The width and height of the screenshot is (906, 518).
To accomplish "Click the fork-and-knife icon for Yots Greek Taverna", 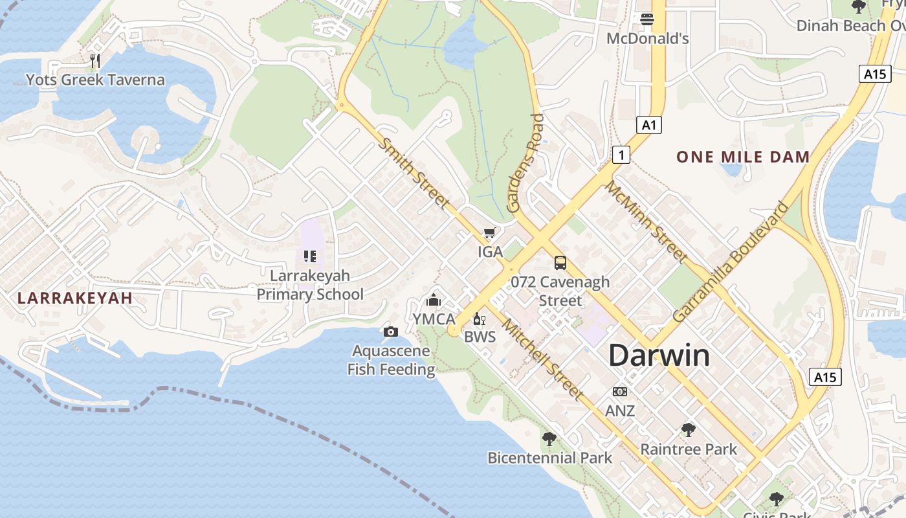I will (95, 61).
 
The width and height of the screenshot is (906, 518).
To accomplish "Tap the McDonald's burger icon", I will (646, 19).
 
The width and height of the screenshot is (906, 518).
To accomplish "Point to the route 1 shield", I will (621, 155).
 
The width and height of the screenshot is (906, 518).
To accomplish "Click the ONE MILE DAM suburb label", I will (743, 157).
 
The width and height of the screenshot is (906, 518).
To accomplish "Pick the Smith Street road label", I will (414, 173).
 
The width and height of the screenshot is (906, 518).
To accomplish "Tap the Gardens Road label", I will (525, 163).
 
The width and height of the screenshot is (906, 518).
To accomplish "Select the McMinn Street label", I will (645, 222).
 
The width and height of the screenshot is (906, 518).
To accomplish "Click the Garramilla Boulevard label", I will (731, 262).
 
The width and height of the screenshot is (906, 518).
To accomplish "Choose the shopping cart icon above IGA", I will (490, 233).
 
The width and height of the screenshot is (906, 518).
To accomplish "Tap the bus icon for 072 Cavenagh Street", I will (560, 263).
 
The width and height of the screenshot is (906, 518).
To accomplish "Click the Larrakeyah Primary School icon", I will (310, 256).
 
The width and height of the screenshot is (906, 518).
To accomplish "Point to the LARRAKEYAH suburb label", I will (75, 298).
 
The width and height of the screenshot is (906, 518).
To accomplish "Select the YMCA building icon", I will (434, 300).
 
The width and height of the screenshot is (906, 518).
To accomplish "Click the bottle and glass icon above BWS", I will (480, 318).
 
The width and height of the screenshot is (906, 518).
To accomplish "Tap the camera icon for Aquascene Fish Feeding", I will (390, 332).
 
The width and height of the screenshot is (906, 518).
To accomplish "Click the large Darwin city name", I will (659, 355).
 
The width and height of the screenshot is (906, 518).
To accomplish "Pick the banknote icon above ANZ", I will (619, 392).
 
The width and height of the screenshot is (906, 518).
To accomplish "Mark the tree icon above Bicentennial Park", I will (549, 439).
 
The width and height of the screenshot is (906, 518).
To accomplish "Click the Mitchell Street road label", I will (542, 360).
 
